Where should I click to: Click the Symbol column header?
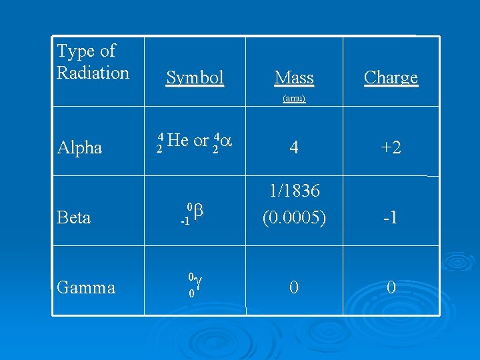click(x=195, y=78)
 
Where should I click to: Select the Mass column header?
click(x=294, y=79)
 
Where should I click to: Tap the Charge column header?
click(x=391, y=78)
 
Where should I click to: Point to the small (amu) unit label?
click(x=294, y=98)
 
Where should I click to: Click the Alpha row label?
click(x=79, y=147)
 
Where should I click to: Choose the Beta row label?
click(x=74, y=217)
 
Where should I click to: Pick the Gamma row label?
click(x=86, y=287)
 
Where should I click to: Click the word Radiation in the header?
click(x=93, y=72)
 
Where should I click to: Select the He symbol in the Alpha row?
click(x=179, y=140)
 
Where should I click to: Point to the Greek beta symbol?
click(x=199, y=211)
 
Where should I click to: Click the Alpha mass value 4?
click(x=294, y=147)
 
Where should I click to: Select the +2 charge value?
click(x=391, y=147)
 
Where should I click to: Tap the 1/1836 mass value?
click(x=294, y=191)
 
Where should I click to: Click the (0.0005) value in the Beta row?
click(x=294, y=217)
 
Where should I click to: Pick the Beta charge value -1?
click(x=391, y=217)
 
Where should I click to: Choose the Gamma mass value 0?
click(x=294, y=287)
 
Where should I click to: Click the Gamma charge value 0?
click(x=391, y=287)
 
